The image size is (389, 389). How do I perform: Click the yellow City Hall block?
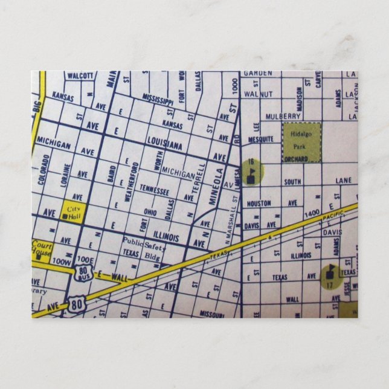pos(74,213)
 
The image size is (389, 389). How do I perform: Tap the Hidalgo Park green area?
pos(301,142)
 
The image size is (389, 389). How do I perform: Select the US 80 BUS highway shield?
pos(83,274)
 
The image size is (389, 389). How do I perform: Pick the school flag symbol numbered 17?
pos(330,276)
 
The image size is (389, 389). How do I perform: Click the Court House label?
pos(42,249)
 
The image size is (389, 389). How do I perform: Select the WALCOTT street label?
pos(80,76)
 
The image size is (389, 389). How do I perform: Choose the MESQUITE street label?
pos(260,139)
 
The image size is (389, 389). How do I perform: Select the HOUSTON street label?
pos(259,204)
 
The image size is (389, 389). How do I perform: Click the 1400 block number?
pos(312,213)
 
